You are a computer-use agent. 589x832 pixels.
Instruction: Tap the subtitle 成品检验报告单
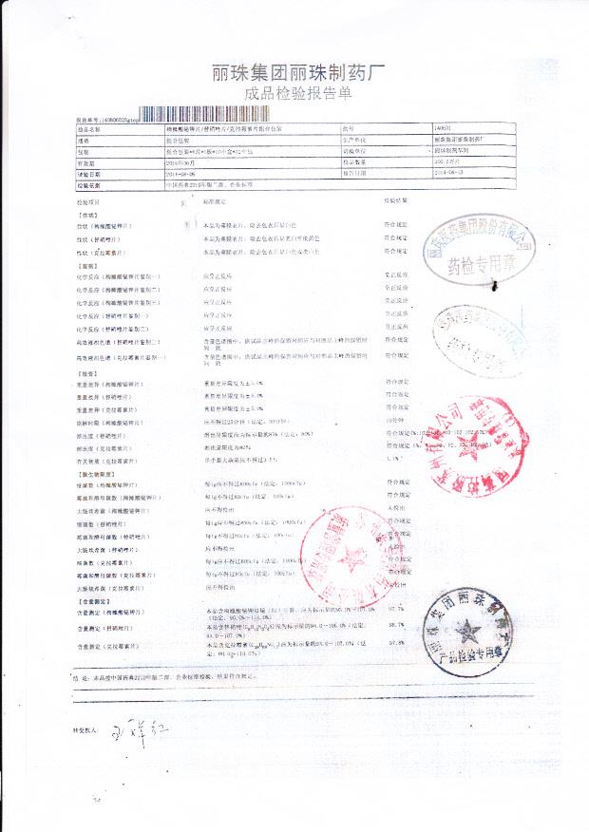pos(297,94)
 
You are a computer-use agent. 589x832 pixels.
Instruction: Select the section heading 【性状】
pos(86,216)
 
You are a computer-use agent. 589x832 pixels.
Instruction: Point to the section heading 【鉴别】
pos(86,266)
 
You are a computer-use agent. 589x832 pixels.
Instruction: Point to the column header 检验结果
pos(396,200)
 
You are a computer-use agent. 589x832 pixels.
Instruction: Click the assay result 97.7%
pos(397,608)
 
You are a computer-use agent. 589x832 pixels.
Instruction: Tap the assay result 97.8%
pos(397,643)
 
